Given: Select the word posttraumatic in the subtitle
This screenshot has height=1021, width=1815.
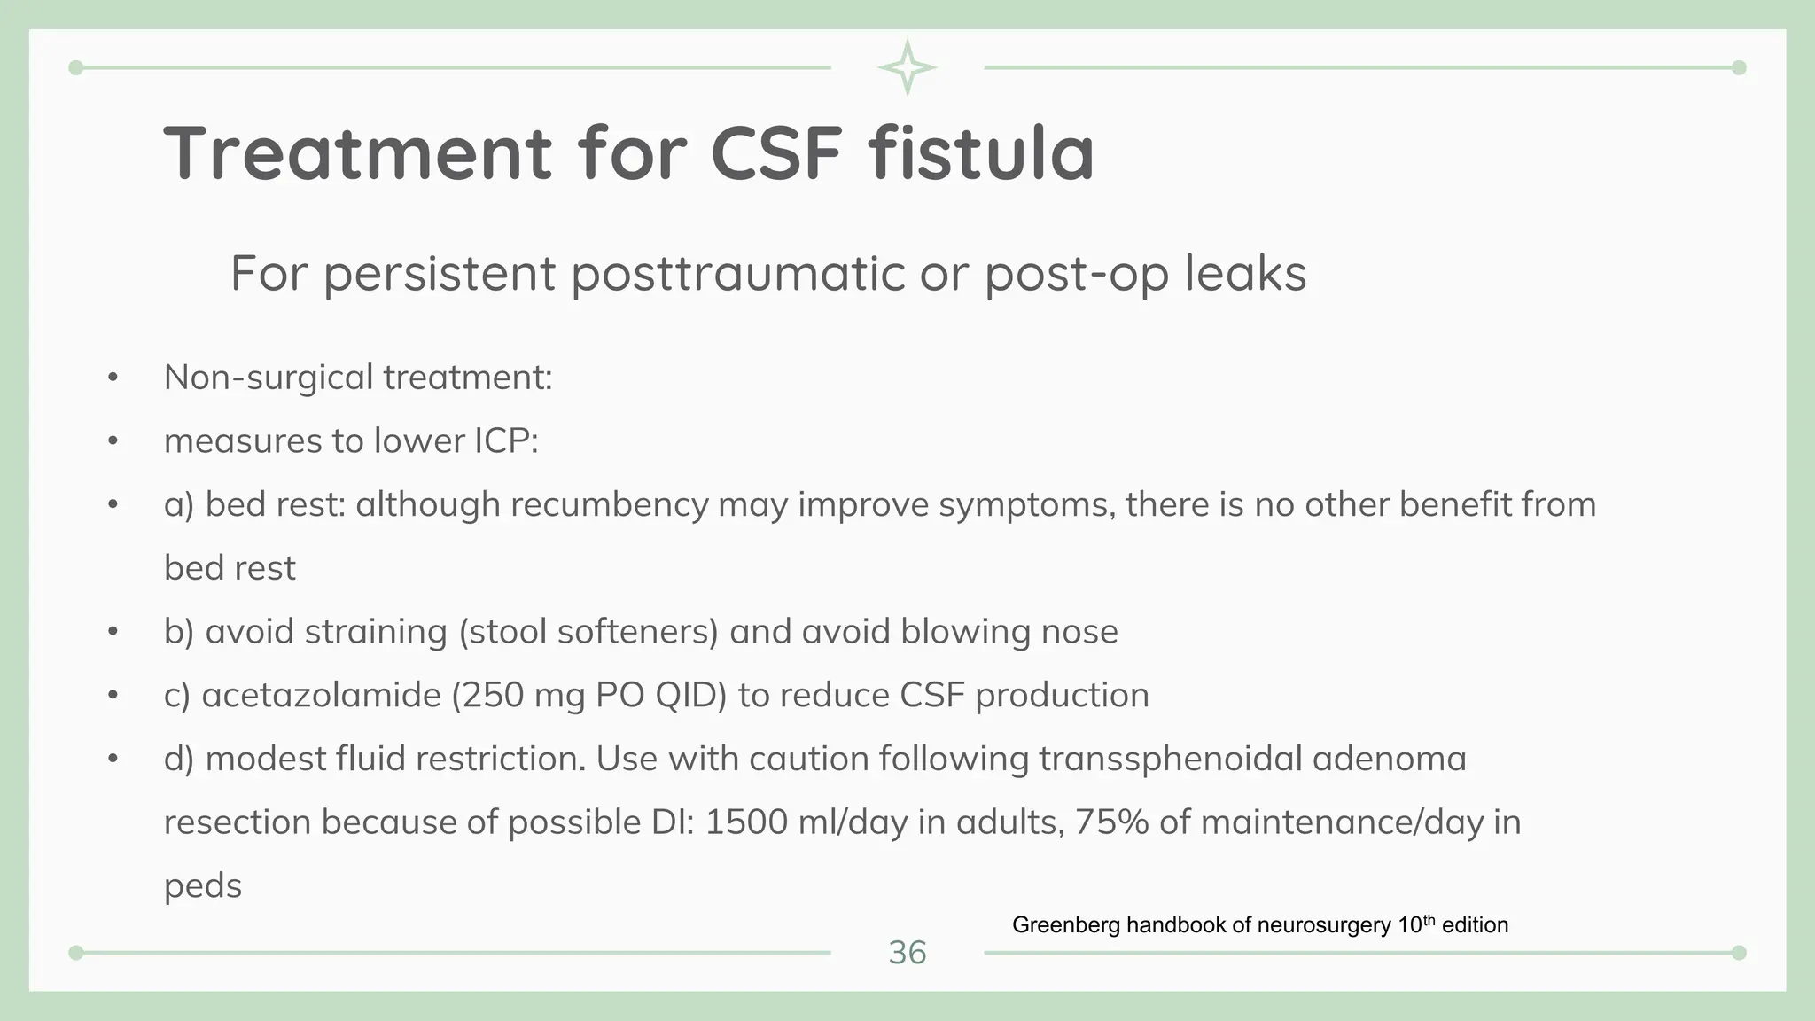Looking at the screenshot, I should point(736,273).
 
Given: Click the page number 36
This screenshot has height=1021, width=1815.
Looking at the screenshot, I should point(907,953).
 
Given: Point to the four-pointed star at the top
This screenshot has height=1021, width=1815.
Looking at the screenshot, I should point(907,67).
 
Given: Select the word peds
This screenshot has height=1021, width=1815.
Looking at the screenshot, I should point(203,886).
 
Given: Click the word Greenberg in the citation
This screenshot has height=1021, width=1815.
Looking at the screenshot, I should point(1066,925).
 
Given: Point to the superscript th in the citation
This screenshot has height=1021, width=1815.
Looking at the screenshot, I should point(1429,920).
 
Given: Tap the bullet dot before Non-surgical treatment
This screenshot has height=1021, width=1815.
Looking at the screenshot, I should point(113,378).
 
